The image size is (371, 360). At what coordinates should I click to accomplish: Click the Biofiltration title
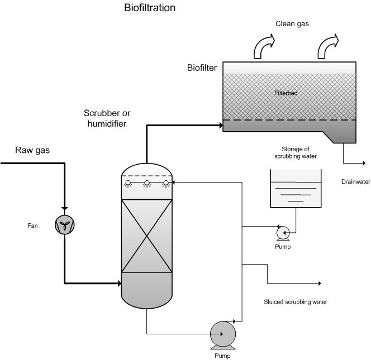[150, 8]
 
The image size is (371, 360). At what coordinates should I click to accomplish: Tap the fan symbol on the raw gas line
[65, 225]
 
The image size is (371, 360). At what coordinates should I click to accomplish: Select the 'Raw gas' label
[33, 151]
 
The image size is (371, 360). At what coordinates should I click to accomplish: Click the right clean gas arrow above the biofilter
[327, 47]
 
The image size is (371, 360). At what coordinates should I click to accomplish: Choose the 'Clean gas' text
[292, 23]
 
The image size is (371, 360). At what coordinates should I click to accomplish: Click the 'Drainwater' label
[355, 182]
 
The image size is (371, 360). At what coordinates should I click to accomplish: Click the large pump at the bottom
[222, 334]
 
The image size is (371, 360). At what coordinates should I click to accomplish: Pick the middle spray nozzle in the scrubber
[147, 184]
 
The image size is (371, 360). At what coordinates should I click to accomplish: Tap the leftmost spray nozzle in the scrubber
[128, 184]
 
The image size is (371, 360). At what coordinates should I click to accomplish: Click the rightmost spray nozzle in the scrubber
[165, 184]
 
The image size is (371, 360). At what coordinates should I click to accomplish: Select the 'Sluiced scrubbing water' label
[295, 302]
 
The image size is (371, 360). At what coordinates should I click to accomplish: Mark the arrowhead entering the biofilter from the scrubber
[219, 126]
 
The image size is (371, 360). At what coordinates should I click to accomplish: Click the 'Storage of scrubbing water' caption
[295, 152]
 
